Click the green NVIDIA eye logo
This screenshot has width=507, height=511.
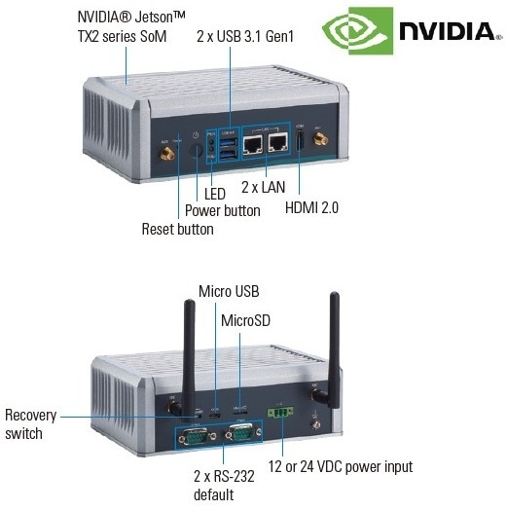click(358, 31)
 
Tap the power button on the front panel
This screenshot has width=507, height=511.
click(197, 151)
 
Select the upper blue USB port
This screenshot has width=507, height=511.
click(228, 142)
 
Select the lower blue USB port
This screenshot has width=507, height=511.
click(228, 155)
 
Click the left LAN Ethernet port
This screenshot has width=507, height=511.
click(253, 144)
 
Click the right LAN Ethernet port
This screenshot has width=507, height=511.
click(278, 143)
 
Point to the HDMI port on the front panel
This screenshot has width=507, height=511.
click(300, 140)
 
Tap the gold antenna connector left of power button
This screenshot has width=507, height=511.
click(167, 154)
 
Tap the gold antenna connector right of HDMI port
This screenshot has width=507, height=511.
click(320, 139)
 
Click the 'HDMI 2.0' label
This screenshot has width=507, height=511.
click(311, 207)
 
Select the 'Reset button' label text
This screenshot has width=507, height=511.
click(177, 229)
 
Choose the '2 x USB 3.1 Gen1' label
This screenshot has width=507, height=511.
click(245, 36)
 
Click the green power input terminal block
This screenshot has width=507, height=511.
click(280, 413)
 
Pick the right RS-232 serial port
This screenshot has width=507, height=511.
click(243, 433)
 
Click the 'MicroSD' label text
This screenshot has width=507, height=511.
click(245, 320)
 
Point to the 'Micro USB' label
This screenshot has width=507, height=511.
click(229, 291)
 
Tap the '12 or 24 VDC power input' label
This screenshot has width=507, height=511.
click(341, 466)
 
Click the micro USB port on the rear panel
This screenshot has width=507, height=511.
click(215, 416)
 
